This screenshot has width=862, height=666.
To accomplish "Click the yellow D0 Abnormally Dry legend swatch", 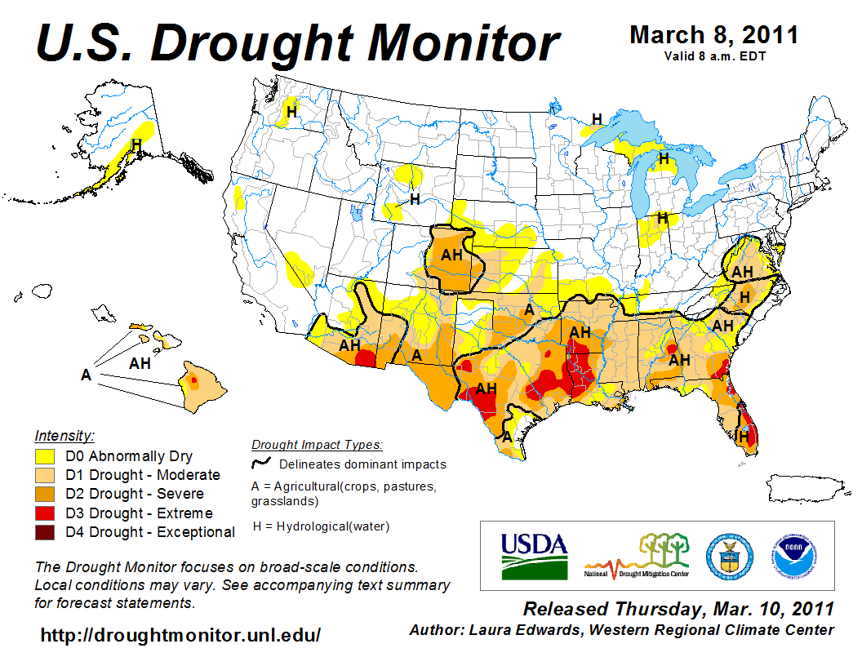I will [45, 456].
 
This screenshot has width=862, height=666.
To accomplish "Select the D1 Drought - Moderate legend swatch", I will [45, 475].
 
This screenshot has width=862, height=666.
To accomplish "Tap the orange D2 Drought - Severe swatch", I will [45, 494].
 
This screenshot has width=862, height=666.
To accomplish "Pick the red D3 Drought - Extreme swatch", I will [45, 513].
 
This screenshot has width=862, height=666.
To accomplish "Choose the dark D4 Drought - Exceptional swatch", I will [45, 532].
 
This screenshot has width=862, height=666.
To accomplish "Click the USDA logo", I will [534, 556].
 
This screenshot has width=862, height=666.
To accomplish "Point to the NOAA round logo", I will [792, 555].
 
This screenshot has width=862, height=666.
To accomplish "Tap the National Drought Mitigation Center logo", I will [638, 556].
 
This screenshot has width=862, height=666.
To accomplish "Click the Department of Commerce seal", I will [729, 555].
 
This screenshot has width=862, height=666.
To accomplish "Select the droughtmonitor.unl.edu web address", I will [180, 635].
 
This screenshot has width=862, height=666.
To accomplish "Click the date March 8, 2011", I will [713, 35].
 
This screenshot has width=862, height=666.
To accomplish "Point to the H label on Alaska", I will [136, 144].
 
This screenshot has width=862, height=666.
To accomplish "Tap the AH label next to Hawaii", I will [140, 363].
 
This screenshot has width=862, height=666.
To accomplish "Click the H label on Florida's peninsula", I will [743, 437].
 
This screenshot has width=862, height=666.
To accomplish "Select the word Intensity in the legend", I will [64, 436].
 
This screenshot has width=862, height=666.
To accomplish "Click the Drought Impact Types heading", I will [317, 445].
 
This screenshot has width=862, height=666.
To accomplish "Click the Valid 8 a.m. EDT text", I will [714, 56].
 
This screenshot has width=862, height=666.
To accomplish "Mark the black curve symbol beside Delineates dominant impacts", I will [261, 464].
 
